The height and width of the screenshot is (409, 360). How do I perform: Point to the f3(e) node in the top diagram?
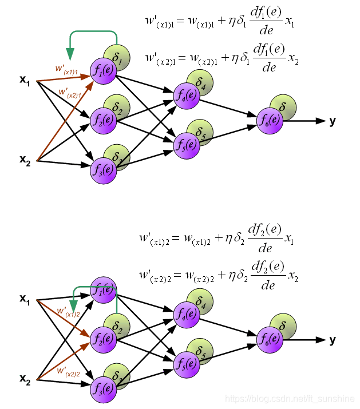(x=103, y=170)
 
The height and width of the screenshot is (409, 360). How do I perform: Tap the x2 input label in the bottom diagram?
(x=25, y=379)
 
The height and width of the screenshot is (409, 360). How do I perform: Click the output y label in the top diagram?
(x=333, y=121)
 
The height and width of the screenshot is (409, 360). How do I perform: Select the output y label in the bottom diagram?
(x=333, y=340)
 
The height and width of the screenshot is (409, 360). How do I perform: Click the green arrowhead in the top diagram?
(x=70, y=55)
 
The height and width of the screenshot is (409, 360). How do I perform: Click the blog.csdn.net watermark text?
(x=289, y=399)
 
